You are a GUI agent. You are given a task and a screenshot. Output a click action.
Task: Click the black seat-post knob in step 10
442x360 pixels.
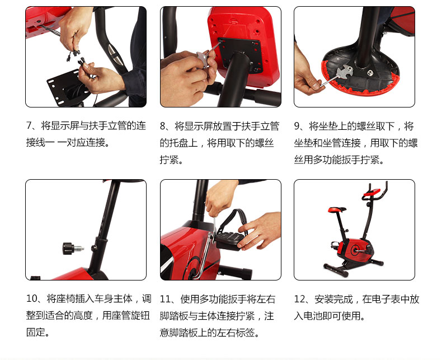[x=69, y=248]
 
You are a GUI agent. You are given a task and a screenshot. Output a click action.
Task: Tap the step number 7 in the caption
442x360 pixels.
[x=29, y=125]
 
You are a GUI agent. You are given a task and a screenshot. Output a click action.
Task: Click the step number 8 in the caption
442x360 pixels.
[x=163, y=126]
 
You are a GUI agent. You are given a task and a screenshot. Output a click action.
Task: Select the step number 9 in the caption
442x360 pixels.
[x=297, y=126]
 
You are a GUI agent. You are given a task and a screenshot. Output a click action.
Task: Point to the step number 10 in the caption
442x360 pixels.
[x=32, y=298]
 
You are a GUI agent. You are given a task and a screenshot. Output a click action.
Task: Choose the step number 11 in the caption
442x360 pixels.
[x=166, y=299]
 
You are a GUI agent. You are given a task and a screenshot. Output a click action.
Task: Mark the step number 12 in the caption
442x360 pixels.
[x=300, y=299]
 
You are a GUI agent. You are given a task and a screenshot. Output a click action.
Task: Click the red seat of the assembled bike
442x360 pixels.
[x=337, y=209]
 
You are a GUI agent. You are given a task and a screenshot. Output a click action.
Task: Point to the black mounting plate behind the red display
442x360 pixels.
[x=239, y=54]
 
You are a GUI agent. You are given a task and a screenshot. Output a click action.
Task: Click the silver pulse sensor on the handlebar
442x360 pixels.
[x=113, y=52]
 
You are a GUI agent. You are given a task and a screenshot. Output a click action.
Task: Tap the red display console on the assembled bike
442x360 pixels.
[x=371, y=192]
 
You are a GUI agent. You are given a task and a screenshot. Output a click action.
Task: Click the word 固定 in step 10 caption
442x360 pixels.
[x=36, y=332]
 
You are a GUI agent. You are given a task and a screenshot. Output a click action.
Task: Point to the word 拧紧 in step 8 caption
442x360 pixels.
[x=169, y=160]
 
